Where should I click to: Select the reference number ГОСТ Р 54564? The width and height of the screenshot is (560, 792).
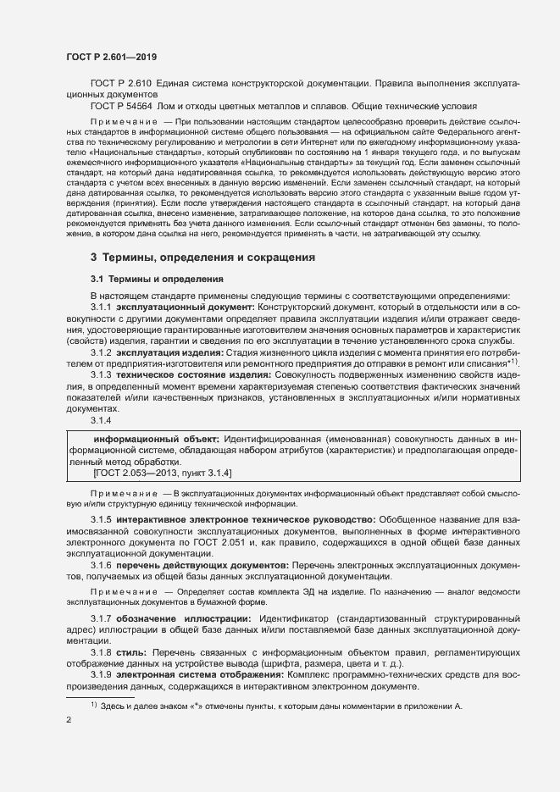[119, 106]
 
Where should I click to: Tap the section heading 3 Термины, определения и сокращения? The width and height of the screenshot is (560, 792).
[203, 257]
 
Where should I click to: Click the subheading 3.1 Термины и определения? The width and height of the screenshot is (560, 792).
[157, 278]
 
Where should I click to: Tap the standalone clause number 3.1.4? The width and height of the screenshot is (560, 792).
[101, 418]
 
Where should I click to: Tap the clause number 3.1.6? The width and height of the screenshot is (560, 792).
[101, 563]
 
